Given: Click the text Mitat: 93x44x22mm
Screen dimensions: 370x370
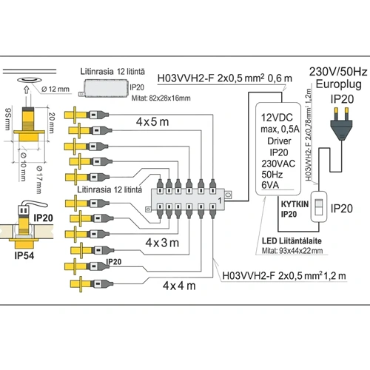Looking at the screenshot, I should pos(297,251).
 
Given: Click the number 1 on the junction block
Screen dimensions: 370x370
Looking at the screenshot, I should pos(220,201).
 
